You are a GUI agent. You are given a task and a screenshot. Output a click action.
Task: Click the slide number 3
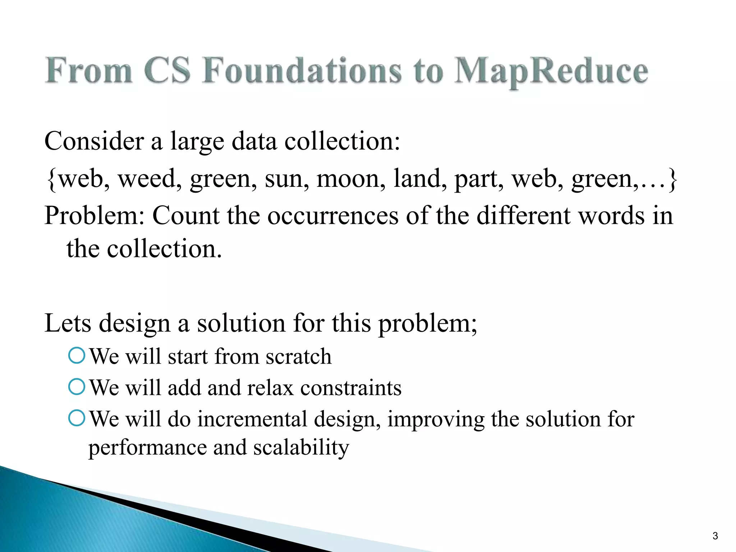pyautogui.click(x=715, y=536)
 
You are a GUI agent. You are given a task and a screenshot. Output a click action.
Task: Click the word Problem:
pyautogui.click(x=95, y=216)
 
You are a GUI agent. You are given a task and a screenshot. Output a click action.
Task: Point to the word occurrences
pyautogui.click(x=333, y=216)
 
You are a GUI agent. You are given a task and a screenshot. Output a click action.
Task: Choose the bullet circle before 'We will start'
pyautogui.click(x=77, y=356)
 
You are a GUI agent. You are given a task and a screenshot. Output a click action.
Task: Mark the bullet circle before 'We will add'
pyautogui.click(x=77, y=387)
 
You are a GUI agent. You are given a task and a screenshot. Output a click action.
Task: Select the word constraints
pyautogui.click(x=351, y=388)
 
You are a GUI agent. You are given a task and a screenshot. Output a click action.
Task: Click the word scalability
pyautogui.click(x=301, y=448)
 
